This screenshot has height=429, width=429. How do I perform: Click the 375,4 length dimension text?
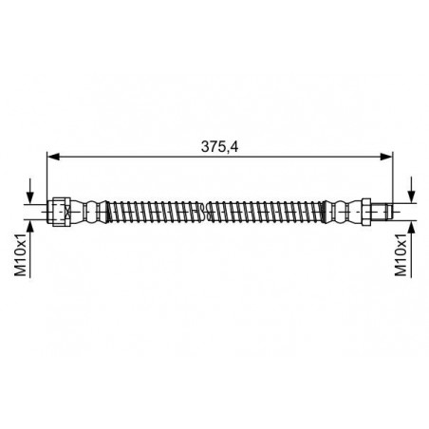tap(219, 146)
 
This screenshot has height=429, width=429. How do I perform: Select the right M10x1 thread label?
tap(401, 255)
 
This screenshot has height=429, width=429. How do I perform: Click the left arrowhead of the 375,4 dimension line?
tap(53, 157)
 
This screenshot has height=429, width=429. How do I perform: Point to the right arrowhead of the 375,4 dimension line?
tap(386, 157)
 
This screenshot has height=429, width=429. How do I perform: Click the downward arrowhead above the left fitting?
tap(30, 197)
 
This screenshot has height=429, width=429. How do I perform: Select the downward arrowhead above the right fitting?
tap(412, 196)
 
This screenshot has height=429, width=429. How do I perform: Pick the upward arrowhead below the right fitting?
tap(412, 227)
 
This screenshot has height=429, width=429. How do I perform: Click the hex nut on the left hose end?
tap(59, 212)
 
